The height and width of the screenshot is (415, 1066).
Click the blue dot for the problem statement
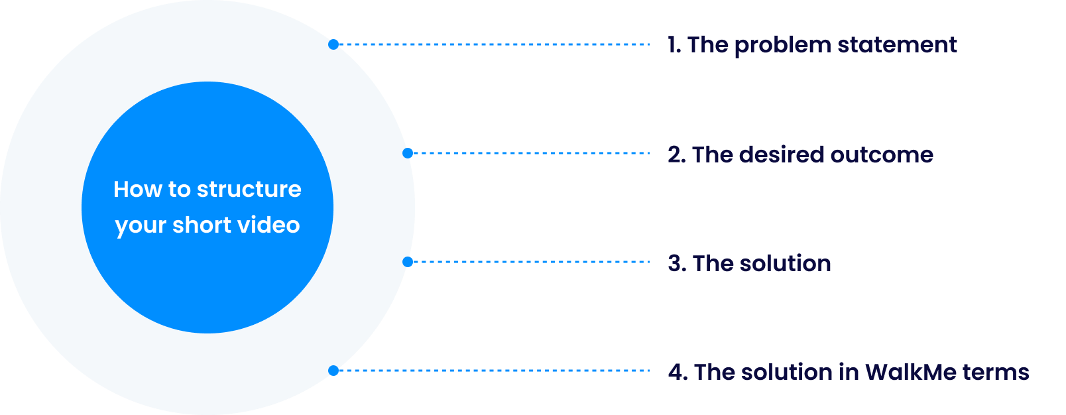pyautogui.click(x=333, y=44)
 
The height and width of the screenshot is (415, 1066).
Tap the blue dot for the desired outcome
pyautogui.click(x=408, y=153)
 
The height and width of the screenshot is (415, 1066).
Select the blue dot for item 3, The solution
pyautogui.click(x=408, y=262)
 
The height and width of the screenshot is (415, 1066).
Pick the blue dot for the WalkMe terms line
pyautogui.click(x=333, y=371)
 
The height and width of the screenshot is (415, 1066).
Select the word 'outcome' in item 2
pyautogui.click(x=882, y=154)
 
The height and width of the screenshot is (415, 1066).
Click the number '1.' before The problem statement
pyautogui.click(x=674, y=45)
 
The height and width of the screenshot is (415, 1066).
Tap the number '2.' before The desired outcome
pyautogui.click(x=676, y=154)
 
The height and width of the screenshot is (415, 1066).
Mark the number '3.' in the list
pyautogui.click(x=677, y=263)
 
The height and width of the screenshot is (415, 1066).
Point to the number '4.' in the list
pyautogui.click(x=678, y=372)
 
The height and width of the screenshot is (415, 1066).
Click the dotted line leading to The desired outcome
pyautogui.click(x=530, y=153)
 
